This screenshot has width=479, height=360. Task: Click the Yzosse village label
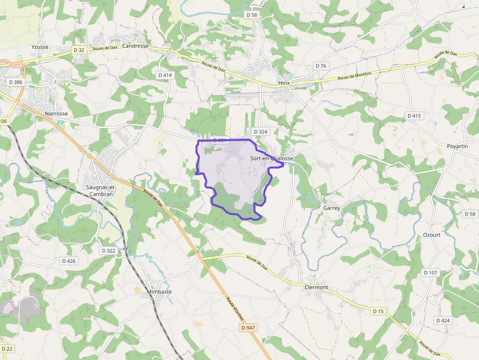40,47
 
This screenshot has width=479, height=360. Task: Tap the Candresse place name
135,46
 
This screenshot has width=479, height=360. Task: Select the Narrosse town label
56,113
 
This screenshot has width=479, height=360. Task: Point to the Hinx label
283,83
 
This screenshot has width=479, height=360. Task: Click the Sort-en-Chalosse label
272,158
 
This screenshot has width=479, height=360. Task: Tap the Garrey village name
331,208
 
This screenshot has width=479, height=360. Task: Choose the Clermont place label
316,287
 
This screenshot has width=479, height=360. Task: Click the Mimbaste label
159,292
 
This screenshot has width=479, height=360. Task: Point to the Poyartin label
457,147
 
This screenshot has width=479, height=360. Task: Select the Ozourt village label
432,235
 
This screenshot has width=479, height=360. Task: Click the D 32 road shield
79,50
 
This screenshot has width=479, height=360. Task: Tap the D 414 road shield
165,75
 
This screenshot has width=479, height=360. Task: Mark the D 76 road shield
321,66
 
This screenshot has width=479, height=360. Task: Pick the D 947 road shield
248,328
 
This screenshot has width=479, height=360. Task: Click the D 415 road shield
414,116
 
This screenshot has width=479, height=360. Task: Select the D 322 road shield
108,251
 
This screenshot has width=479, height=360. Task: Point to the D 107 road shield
431,273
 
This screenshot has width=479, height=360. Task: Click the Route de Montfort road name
355,75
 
